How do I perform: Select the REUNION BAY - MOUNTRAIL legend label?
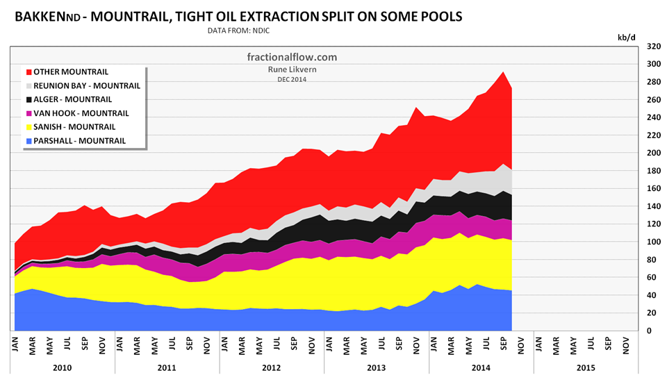[x=87, y=85]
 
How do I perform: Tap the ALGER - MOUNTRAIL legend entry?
[x=72, y=99]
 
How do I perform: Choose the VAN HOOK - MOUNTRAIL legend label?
[x=81, y=113]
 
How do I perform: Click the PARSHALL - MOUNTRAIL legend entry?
[x=79, y=141]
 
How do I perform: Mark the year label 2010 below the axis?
[x=63, y=367]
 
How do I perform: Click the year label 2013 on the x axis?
[x=377, y=367]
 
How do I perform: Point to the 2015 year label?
[x=586, y=367]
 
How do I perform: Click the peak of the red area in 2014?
[x=503, y=72]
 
